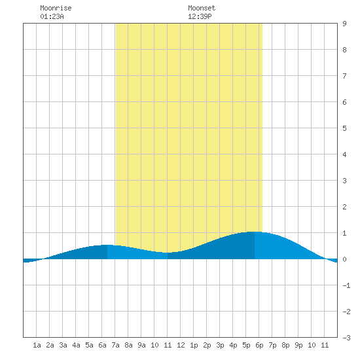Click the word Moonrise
[x=56, y=8]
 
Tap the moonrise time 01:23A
[x=52, y=16]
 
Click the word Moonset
[x=202, y=8]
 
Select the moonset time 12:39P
[x=200, y=16]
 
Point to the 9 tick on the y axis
[x=344, y=24]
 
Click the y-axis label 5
[x=344, y=128]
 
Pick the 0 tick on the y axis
[x=344, y=259]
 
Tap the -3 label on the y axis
[x=346, y=338]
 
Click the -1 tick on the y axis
[x=346, y=285]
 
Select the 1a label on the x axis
[x=37, y=345]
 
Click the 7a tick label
[x=115, y=345]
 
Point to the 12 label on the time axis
[x=181, y=345]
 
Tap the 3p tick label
[x=220, y=346]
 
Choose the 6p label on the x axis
[x=259, y=346]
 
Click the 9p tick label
[x=298, y=346]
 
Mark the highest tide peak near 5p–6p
[x=255, y=232]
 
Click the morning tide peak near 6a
[x=107, y=245]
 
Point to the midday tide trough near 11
[x=168, y=253]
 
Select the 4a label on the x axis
[x=76, y=345]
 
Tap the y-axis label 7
[x=344, y=76]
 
